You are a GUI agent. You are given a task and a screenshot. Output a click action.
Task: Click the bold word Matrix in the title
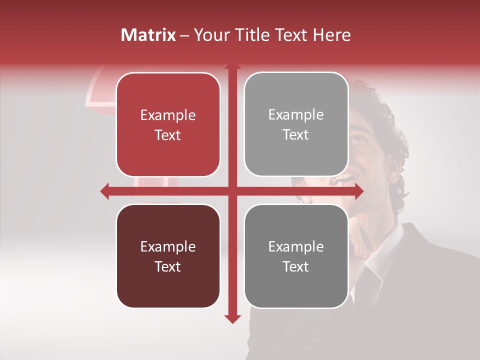tap(148, 35)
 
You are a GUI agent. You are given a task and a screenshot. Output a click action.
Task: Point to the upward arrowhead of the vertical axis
tap(232, 66)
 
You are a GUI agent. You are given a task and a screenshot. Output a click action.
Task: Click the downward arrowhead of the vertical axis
tap(232, 318)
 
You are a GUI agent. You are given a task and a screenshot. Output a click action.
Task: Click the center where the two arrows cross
tap(232, 191)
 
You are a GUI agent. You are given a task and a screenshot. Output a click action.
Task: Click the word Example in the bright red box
tap(168, 115)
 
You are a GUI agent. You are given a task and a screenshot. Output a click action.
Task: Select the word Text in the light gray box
tap(296, 135)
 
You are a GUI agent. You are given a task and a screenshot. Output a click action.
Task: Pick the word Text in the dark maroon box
tap(168, 266)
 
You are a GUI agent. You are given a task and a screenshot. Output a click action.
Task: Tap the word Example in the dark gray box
tap(296, 246)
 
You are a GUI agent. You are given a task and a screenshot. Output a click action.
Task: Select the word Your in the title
tap(210, 35)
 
